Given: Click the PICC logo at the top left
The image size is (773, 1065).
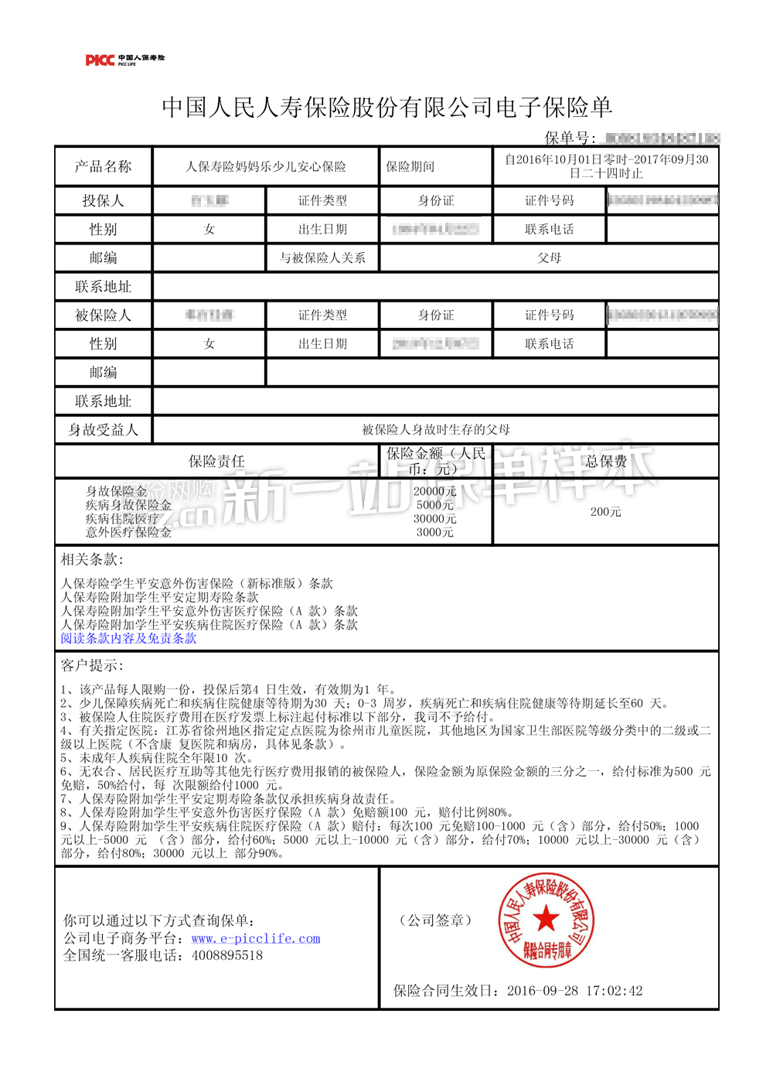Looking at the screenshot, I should [124, 60].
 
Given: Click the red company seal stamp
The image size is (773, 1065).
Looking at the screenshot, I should [547, 920].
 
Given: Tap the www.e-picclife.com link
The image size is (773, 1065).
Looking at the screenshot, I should [256, 938].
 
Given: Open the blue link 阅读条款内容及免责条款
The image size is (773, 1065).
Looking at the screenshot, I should [128, 638].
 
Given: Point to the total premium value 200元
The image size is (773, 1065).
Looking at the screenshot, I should [605, 512].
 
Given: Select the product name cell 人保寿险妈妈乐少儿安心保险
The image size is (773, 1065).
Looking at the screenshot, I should [266, 166].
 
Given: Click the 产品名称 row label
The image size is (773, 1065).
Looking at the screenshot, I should [103, 166].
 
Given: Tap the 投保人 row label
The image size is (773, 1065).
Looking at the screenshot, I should [103, 200].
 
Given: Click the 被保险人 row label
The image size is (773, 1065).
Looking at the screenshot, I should [103, 315].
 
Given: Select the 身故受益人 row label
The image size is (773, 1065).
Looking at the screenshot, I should [103, 429].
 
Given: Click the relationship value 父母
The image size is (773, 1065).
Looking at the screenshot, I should [549, 258].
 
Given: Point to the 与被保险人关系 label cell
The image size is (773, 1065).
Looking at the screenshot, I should [322, 258].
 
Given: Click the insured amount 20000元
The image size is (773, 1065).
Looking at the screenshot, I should [434, 491].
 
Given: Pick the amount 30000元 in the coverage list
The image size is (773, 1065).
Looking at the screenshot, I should [434, 519].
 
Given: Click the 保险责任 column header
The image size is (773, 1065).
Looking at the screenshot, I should [216, 461].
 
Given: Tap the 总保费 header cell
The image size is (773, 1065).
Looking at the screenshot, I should [605, 461].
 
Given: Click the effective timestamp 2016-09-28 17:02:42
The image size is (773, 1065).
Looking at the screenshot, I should [574, 991].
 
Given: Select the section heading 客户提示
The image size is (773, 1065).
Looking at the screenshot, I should [91, 665].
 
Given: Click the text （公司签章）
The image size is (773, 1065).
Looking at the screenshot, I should [435, 920].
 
